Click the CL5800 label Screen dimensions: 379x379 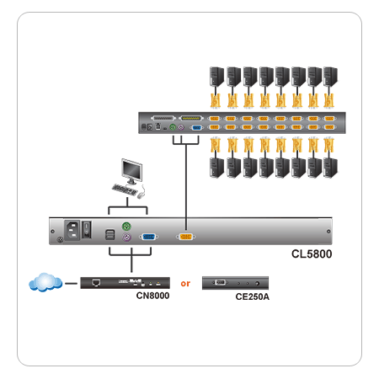click(x=312, y=254)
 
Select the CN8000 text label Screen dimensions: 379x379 click(x=152, y=296)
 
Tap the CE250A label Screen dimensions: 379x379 click(x=252, y=296)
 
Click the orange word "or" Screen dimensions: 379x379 click(x=185, y=284)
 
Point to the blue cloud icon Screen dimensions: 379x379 click(x=45, y=282)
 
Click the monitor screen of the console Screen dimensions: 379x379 click(x=131, y=170)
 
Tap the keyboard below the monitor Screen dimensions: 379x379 click(x=125, y=189)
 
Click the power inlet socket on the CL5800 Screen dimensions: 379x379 click(x=72, y=230)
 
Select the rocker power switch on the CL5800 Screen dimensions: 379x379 click(x=87, y=229)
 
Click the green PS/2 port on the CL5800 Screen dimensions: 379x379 click(x=126, y=226)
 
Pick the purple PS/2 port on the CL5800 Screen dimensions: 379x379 click(x=126, y=238)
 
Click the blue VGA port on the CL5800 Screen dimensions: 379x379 click(x=148, y=237)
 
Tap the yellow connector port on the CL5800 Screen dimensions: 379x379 click(x=186, y=237)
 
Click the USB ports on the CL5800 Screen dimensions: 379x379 click(x=109, y=235)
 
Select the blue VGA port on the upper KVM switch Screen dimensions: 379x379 click(x=197, y=128)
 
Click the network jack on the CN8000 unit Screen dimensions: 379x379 click(x=96, y=282)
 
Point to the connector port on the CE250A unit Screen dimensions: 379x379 click(x=220, y=282)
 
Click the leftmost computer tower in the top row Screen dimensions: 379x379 click(x=216, y=76)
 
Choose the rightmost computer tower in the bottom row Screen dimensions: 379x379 click(x=330, y=168)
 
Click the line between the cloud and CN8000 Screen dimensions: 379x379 click(x=71, y=283)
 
